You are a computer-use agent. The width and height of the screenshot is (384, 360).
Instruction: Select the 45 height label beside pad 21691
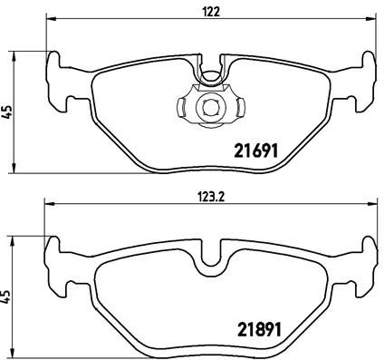tap(9, 111)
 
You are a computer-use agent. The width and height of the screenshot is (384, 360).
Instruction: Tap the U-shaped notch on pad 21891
tap(212, 258)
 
